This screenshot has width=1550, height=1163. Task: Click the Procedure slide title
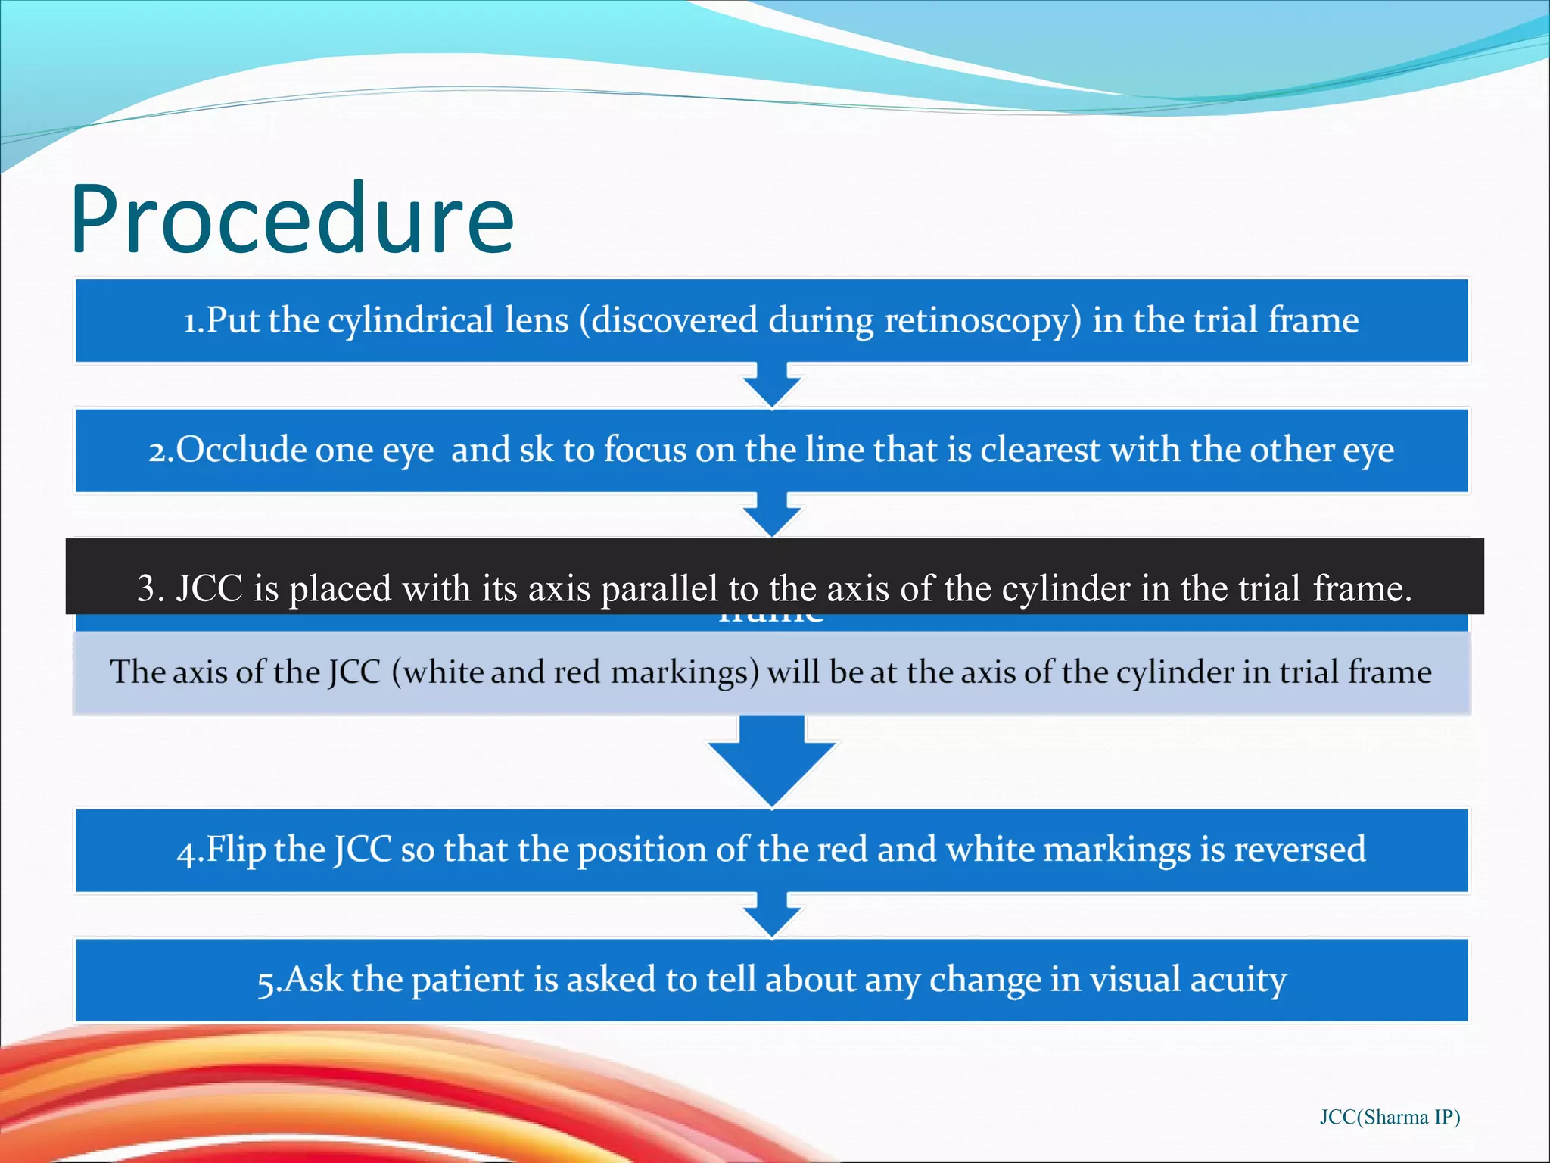point(292,220)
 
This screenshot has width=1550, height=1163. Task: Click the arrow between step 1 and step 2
point(771,385)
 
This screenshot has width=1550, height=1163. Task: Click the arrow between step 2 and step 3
point(771,514)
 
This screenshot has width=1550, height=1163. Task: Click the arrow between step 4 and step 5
point(771,915)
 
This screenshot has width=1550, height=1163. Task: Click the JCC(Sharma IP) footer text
point(1390,1117)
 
